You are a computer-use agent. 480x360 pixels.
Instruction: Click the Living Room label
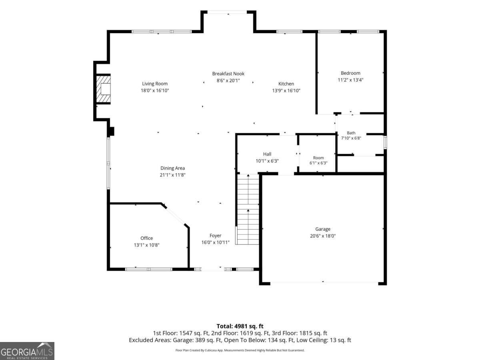click(x=155, y=84)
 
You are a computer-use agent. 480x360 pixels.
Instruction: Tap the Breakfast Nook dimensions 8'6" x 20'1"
click(x=228, y=80)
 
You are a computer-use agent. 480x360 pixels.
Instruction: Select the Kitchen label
click(x=286, y=84)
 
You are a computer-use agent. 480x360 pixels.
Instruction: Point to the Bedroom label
click(x=350, y=73)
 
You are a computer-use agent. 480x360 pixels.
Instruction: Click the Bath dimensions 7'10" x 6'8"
click(x=351, y=138)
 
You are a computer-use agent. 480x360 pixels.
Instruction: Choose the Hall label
click(x=267, y=154)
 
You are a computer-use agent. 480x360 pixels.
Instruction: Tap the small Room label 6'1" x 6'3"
click(x=318, y=160)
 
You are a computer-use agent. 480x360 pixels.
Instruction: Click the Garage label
click(x=322, y=229)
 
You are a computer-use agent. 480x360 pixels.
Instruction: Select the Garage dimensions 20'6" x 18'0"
click(x=322, y=236)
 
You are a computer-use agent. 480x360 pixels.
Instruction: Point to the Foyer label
click(x=215, y=236)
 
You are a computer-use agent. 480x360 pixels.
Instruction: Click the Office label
click(x=146, y=238)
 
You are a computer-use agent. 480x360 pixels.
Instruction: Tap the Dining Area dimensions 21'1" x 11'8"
click(x=172, y=175)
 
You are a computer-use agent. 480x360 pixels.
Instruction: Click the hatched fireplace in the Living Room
click(x=103, y=89)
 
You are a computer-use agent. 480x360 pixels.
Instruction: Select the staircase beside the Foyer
click(x=248, y=209)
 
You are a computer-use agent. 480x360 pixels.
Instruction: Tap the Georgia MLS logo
click(x=27, y=351)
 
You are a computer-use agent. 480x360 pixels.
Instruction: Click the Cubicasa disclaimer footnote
click(x=240, y=350)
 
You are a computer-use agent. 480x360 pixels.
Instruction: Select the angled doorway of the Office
click(x=175, y=216)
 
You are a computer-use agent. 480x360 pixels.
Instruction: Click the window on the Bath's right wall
click(x=385, y=142)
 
